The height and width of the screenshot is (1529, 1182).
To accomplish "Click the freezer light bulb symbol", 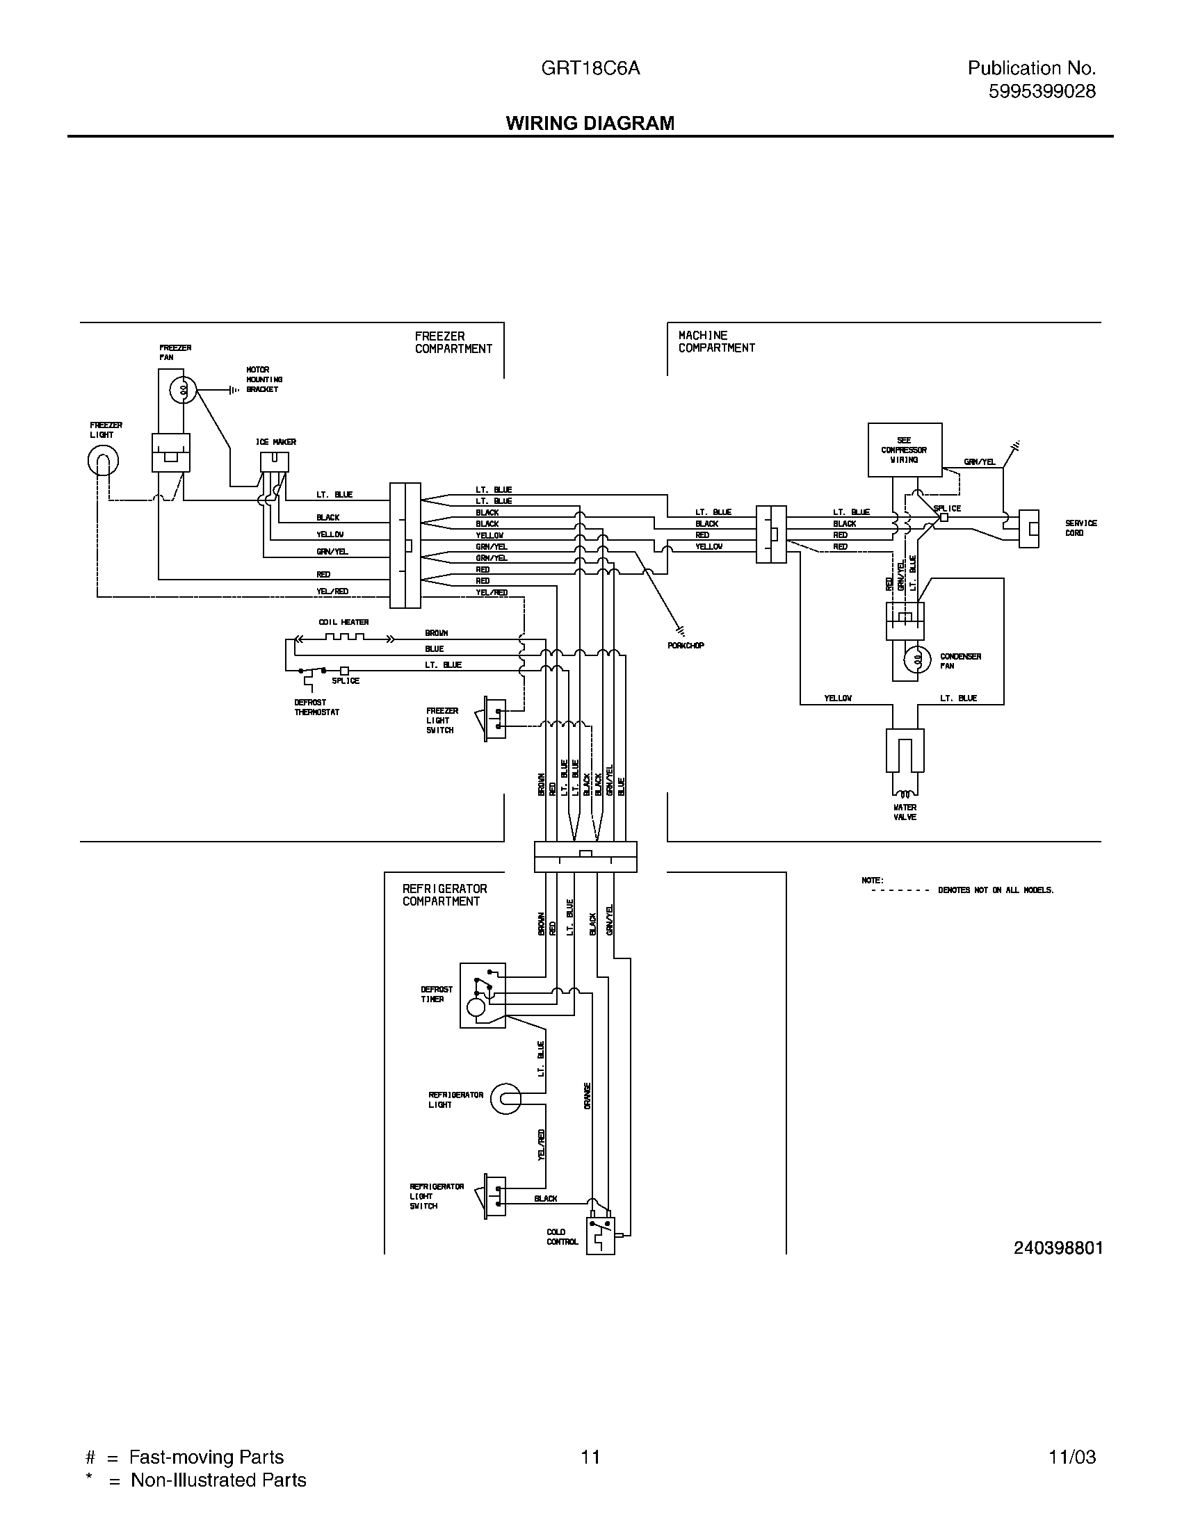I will tap(103, 461).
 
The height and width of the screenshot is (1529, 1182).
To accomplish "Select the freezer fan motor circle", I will tap(184, 391).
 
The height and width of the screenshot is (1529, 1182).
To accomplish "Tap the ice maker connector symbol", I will tap(274, 461).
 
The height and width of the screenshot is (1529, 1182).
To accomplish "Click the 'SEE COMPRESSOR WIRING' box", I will tap(904, 450).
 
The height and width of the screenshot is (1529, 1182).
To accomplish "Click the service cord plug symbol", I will tap(1028, 529).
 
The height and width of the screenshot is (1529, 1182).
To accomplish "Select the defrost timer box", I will tap(482, 995).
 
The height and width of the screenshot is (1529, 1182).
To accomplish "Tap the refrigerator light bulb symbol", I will tap(505, 1099).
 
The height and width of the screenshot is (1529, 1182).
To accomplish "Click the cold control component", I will tap(600, 1236).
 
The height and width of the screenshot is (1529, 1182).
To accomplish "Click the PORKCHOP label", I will tap(686, 646).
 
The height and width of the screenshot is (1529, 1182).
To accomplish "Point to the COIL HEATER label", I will tap(343, 622).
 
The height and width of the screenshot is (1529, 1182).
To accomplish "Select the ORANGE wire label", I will tap(587, 1095).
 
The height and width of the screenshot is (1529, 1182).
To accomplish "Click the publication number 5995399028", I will tap(1042, 91).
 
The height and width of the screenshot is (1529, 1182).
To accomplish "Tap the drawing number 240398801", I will tap(1058, 1248).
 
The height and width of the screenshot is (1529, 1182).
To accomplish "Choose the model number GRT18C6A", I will tap(590, 68).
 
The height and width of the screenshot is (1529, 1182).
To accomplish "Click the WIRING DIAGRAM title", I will tap(590, 123).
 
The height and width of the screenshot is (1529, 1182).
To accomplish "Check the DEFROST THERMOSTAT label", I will tap(316, 707).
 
